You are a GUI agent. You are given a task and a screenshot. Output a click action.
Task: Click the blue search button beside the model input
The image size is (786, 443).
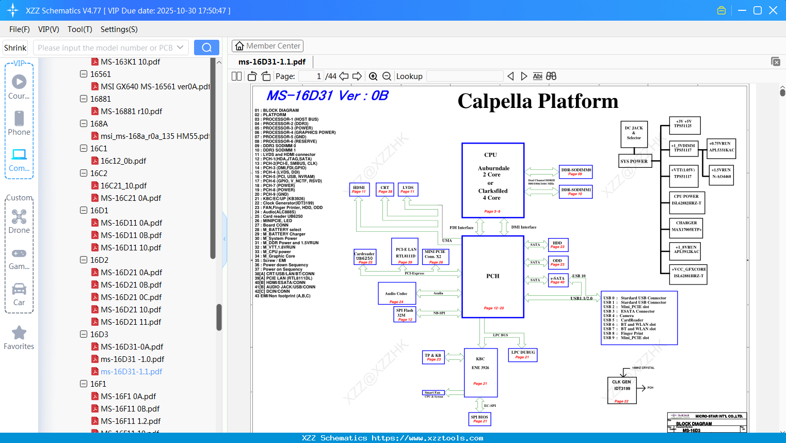pyautogui.click(x=206, y=48)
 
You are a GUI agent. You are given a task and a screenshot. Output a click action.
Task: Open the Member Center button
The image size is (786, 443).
pyautogui.click(x=267, y=46)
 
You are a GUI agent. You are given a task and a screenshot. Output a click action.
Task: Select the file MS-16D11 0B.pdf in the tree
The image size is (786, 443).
pyautogui.click(x=131, y=235)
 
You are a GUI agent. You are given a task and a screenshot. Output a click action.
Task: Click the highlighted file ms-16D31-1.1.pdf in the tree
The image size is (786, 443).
pyautogui.click(x=131, y=371)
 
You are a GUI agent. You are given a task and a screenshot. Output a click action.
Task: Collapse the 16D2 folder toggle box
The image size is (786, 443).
pyautogui.click(x=84, y=260)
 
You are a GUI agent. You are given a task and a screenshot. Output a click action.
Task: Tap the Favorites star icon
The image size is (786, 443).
pyautogui.click(x=19, y=333)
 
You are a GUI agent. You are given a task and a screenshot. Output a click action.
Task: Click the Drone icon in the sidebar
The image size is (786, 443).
pyautogui.click(x=19, y=217)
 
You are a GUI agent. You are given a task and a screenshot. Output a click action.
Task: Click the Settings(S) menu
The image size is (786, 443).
pyautogui.click(x=119, y=29)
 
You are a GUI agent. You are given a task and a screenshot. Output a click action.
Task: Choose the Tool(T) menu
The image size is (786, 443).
pyautogui.click(x=79, y=29)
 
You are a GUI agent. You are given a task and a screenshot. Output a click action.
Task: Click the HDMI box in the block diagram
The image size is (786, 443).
pyautogui.click(x=359, y=189)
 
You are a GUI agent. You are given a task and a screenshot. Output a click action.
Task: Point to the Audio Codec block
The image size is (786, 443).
pyautogui.click(x=396, y=294)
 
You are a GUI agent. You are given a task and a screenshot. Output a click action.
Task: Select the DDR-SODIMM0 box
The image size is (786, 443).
pyautogui.click(x=576, y=171)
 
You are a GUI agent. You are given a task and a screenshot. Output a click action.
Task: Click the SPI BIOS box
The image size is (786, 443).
pyautogui.click(x=479, y=419)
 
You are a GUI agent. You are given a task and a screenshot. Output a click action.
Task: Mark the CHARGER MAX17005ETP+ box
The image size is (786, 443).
pyautogui.click(x=686, y=226)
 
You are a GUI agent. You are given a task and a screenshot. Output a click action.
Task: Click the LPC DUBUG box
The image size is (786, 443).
pyautogui.click(x=523, y=354)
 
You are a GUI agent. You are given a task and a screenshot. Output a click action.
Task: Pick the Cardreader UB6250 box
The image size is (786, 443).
pyautogui.click(x=364, y=257)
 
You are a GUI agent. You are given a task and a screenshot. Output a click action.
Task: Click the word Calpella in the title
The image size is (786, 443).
pyautogui.click(x=494, y=102)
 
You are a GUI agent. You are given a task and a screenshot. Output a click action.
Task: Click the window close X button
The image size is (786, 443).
pyautogui.click(x=773, y=10)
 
